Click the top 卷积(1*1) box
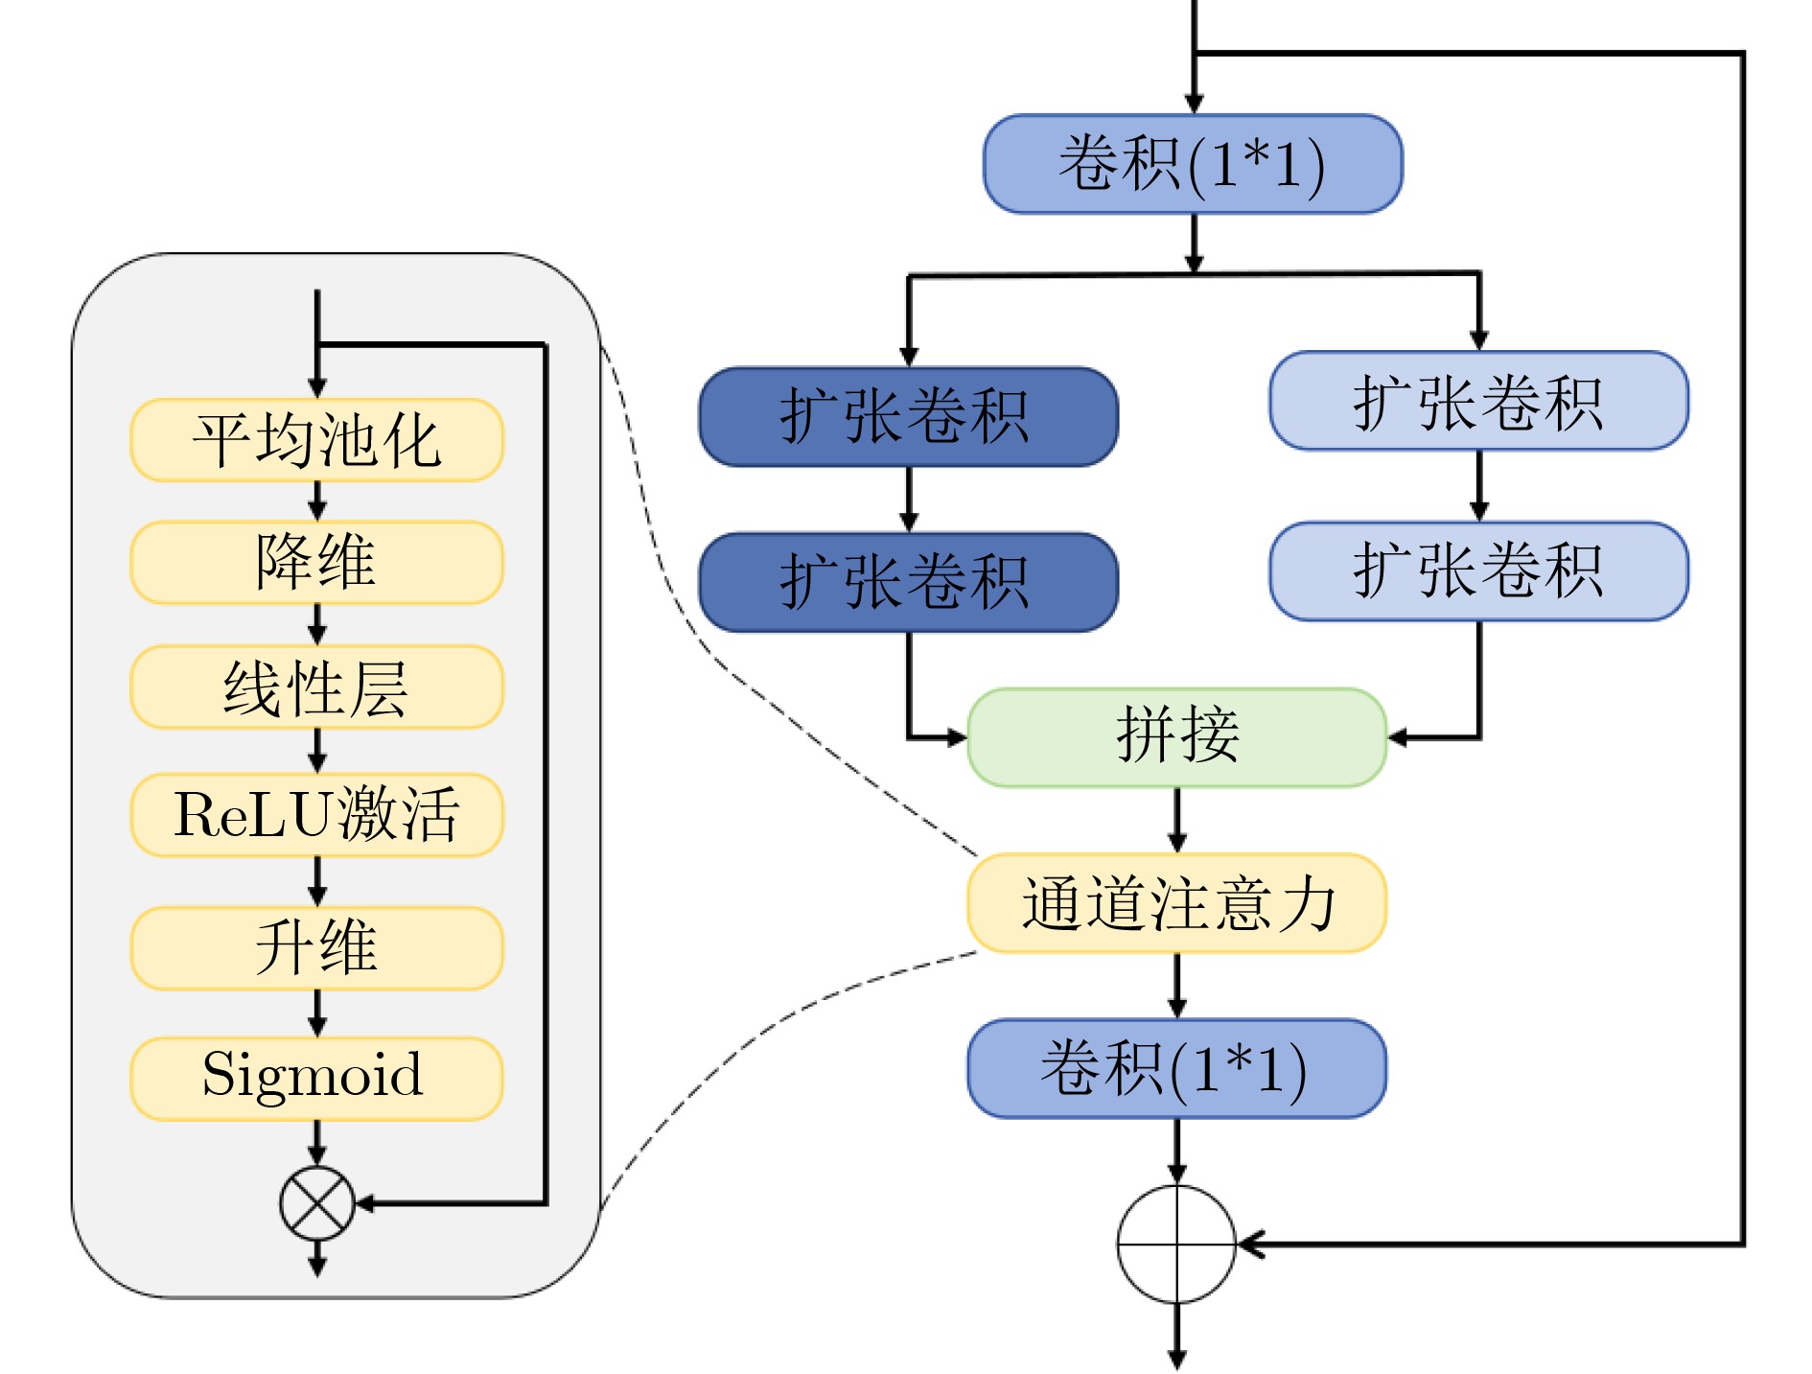pyautogui.click(x=1193, y=164)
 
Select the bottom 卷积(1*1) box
pyautogui.click(x=1176, y=1068)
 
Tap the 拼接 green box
pyautogui.click(x=1176, y=737)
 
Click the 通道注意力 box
pyautogui.click(x=1176, y=903)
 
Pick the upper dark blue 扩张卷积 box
pyautogui.click(x=908, y=417)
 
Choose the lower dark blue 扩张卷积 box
pyautogui.click(x=908, y=582)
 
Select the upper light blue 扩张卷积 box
pyautogui.click(x=1478, y=401)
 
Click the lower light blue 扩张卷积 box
pyautogui.click(x=1478, y=571)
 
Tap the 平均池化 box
pyautogui.click(x=316, y=440)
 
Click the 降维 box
pyautogui.click(x=316, y=563)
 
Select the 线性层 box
pyautogui.click(x=316, y=687)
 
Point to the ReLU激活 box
pyautogui.click(x=316, y=815)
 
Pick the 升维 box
pyautogui.click(x=316, y=948)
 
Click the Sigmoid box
pyautogui.click(x=316, y=1079)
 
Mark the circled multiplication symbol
pyautogui.click(x=317, y=1203)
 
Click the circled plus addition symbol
pyautogui.click(x=1176, y=1245)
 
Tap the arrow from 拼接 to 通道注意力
pyautogui.click(x=1177, y=821)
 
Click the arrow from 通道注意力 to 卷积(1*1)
pyautogui.click(x=1177, y=986)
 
